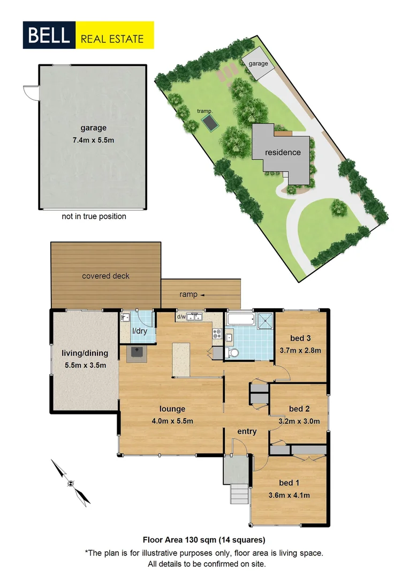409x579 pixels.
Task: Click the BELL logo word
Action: tap(49, 35)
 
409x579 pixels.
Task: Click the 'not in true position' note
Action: tap(94, 217)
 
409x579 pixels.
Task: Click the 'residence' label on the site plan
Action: tap(283, 152)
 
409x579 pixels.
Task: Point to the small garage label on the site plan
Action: tap(258, 63)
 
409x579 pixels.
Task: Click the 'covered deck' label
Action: tap(105, 276)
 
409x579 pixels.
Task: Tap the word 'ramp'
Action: tap(188, 294)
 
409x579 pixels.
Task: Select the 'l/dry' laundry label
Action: tap(140, 331)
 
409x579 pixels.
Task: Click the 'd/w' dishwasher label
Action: tap(180, 317)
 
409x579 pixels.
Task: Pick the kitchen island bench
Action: tap(181, 360)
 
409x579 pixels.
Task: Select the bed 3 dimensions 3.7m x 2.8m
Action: tap(300, 351)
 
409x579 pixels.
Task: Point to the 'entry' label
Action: tap(247, 432)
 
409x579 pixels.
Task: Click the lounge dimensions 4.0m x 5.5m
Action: tap(172, 421)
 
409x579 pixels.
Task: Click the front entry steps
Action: tap(238, 492)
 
